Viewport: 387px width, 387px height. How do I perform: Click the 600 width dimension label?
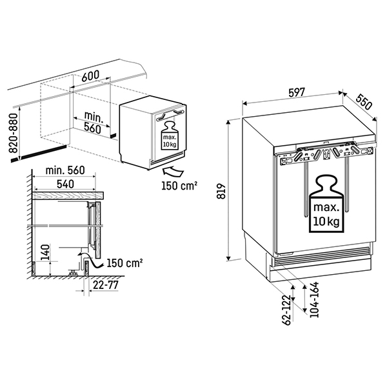point(90,75)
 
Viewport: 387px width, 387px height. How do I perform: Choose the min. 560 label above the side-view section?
point(66,171)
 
